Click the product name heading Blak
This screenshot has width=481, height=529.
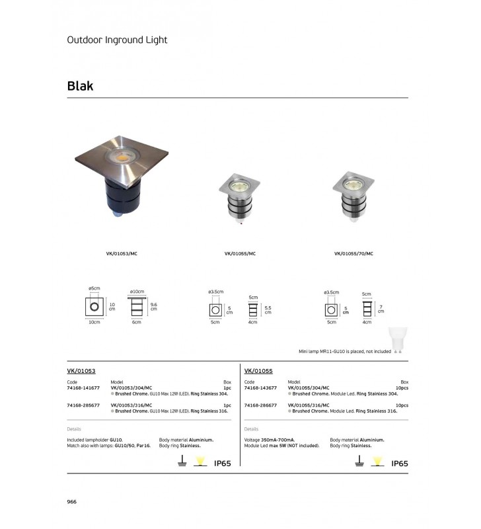pyautogui.click(x=80, y=86)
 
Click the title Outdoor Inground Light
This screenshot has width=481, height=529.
pyautogui.click(x=117, y=40)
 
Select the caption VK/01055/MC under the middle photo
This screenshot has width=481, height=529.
pyautogui.click(x=236, y=253)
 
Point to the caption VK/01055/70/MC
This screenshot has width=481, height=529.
pyautogui.click(x=353, y=253)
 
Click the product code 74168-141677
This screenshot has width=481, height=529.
pyautogui.click(x=83, y=388)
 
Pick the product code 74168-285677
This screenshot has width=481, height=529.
pyautogui.click(x=83, y=405)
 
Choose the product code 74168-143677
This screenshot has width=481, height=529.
pyautogui.click(x=259, y=388)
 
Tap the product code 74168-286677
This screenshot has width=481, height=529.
pyautogui.click(x=259, y=405)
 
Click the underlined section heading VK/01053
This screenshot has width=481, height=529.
pyautogui.click(x=82, y=372)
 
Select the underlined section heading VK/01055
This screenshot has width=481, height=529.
pyautogui.click(x=258, y=372)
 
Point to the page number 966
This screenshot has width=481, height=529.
pyautogui.click(x=73, y=502)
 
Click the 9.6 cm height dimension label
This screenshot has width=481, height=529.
pyautogui.click(x=153, y=306)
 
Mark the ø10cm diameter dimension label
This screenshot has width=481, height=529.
pyautogui.click(x=137, y=292)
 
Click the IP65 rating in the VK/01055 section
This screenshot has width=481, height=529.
pyautogui.click(x=400, y=464)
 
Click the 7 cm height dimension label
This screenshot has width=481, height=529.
pyautogui.click(x=380, y=309)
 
